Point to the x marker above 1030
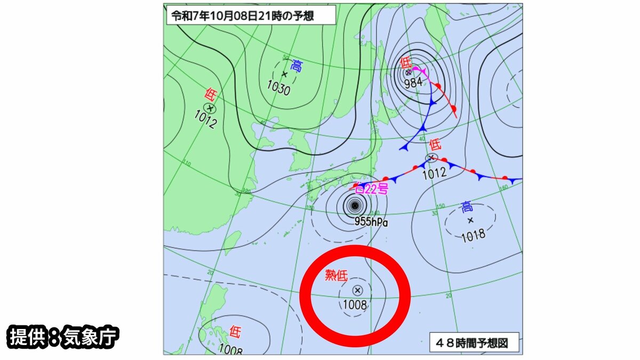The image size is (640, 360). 284,74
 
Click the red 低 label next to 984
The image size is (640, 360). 405,62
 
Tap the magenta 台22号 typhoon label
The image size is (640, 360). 372,188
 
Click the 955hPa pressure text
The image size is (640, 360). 371,221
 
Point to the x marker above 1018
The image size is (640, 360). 470,220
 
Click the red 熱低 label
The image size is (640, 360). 337,276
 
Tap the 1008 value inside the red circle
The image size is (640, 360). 355,305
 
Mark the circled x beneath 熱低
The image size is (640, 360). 357,290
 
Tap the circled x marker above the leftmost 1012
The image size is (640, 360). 211,108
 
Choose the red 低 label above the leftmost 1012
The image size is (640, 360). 210,95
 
